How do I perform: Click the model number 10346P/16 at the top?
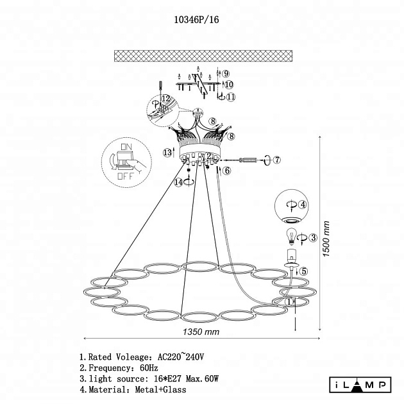pyautogui.click(x=196, y=20)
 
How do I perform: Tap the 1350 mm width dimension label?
pyautogui.click(x=201, y=332)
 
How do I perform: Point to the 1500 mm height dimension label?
pyautogui.click(x=326, y=239)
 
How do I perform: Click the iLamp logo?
pyautogui.click(x=360, y=385)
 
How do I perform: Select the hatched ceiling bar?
pyautogui.click(x=203, y=56)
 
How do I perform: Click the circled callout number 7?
pyautogui.click(x=277, y=160)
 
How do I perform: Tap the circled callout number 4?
pyautogui.click(x=303, y=205)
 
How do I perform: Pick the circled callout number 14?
pyautogui.click(x=178, y=182)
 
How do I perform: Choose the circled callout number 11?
pyautogui.click(x=231, y=97)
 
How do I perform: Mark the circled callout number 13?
pyautogui.click(x=167, y=153)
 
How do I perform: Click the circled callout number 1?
pyautogui.click(x=289, y=301)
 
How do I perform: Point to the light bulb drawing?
pyautogui.click(x=291, y=237)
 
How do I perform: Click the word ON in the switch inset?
pyautogui.click(x=126, y=147)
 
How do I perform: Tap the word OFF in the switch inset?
pyautogui.click(x=126, y=176)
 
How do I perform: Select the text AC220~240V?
pyautogui.click(x=181, y=357)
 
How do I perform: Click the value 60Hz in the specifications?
pyautogui.click(x=149, y=367)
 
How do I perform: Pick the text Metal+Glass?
pyautogui.click(x=160, y=389)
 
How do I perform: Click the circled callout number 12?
pyautogui.click(x=166, y=98)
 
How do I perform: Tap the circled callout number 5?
pyautogui.click(x=304, y=271)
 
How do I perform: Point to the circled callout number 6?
pyautogui.click(x=227, y=171)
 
